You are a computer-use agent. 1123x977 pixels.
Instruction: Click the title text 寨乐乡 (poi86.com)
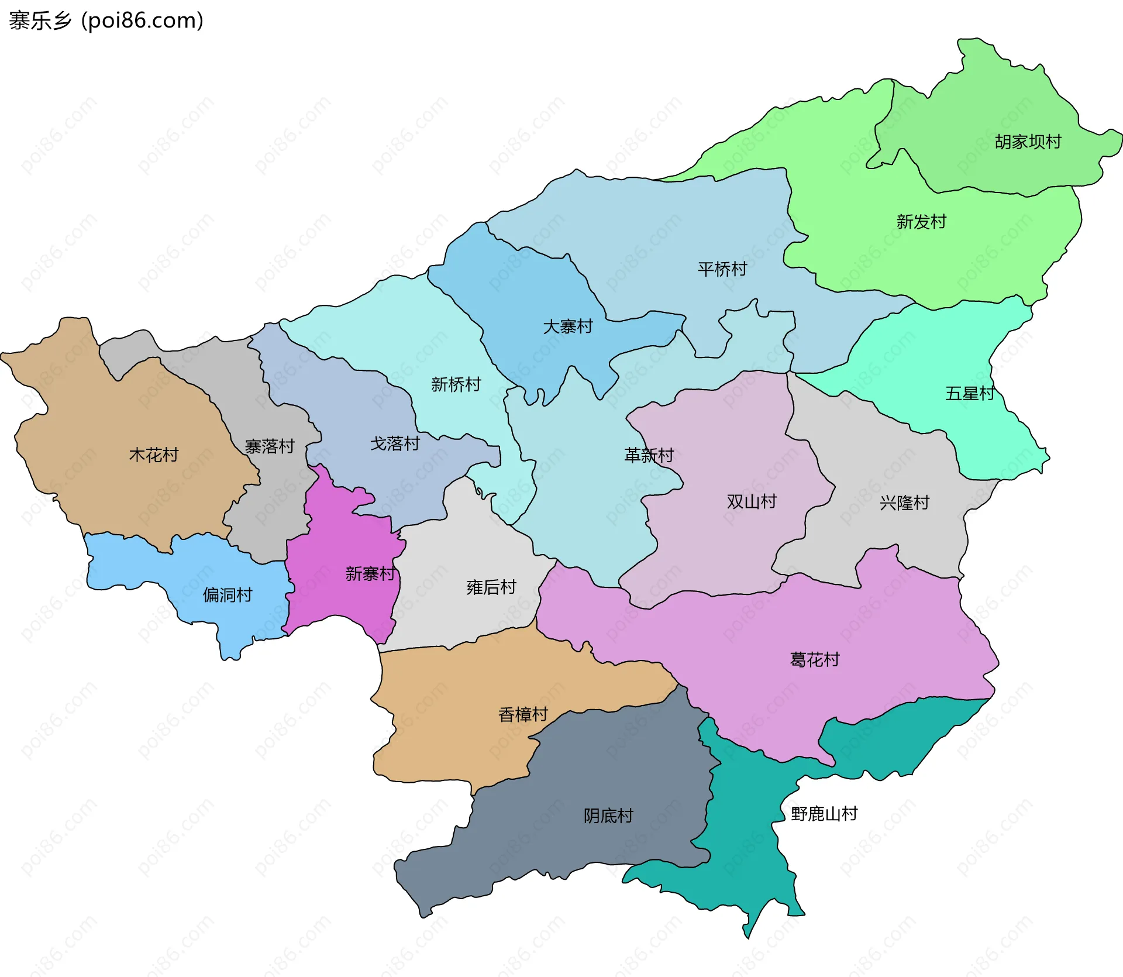(106, 20)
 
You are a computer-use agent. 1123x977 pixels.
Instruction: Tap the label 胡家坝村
(1028, 142)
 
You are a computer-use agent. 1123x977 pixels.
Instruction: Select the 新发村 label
(921, 222)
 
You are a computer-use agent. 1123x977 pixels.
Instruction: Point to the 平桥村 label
(722, 269)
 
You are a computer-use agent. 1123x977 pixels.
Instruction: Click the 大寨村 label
(568, 326)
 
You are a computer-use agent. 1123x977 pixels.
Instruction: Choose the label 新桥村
(456, 384)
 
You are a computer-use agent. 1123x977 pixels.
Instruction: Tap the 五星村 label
(970, 393)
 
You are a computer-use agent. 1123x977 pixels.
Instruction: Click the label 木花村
(153, 455)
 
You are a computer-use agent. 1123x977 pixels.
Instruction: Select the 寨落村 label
(270, 446)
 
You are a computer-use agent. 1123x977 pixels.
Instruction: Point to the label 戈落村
(395, 443)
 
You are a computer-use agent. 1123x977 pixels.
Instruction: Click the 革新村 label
(649, 455)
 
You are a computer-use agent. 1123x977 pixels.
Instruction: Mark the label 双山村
(752, 501)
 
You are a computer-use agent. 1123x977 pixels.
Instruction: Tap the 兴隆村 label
(904, 503)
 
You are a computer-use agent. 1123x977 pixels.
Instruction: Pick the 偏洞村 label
(228, 595)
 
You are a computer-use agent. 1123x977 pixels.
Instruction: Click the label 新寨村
(370, 573)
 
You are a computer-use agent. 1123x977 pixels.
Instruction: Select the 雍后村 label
(491, 587)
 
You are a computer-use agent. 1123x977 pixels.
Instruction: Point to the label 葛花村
(815, 659)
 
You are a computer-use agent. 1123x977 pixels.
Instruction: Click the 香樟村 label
(523, 714)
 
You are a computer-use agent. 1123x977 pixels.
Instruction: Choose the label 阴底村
(608, 816)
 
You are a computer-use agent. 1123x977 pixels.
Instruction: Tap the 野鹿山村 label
(824, 814)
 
